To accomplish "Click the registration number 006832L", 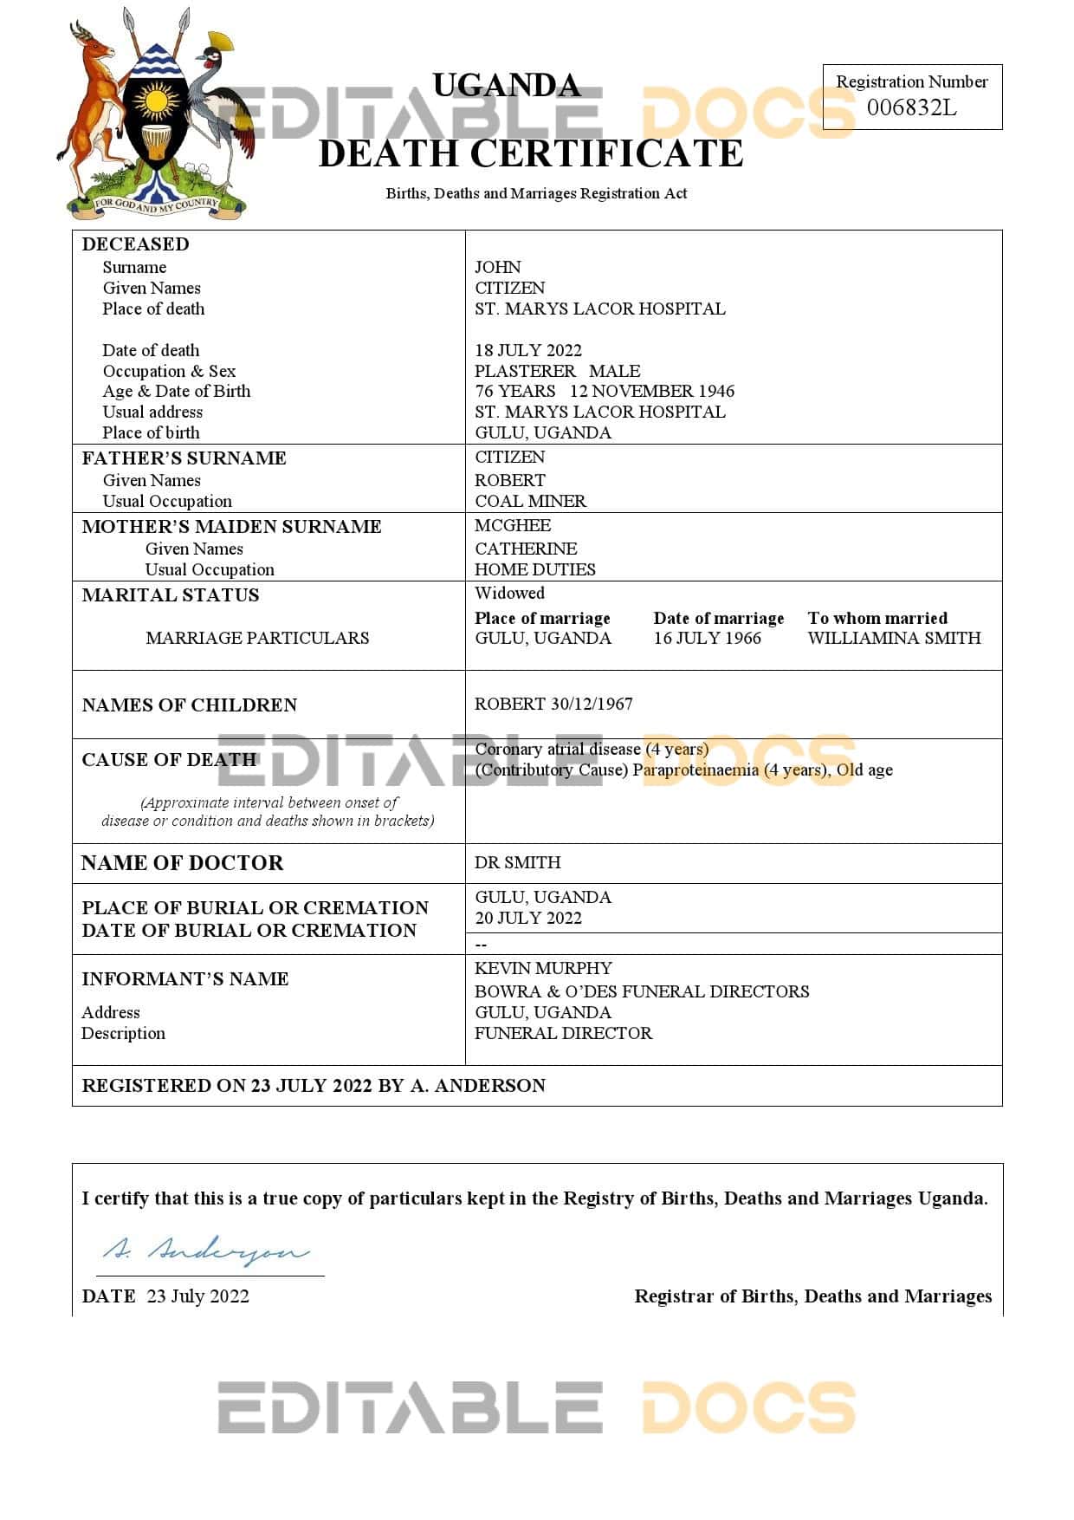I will coord(911,107).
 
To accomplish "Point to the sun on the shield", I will coord(157,101).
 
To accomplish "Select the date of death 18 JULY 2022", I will coord(527,350).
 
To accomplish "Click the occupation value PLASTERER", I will coord(525,371).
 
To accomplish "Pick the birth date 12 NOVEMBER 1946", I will coord(651,391).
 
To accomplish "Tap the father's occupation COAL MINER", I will coord(530,501).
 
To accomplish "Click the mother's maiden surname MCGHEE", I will coord(512,525).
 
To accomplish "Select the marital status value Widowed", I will coord(509,593).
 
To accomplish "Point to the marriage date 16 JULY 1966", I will coord(707,638).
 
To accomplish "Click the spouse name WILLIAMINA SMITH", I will coord(894,638).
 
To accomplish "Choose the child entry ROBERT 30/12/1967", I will coord(553,704).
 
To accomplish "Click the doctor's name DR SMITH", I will coord(517,862).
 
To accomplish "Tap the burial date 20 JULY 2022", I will coord(527,918).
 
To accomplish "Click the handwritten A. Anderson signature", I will coord(206,1250).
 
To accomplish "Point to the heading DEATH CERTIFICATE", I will coord(531,154).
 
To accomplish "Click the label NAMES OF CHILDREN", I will coord(189,705).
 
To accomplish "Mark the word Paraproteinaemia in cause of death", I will coord(696,770).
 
